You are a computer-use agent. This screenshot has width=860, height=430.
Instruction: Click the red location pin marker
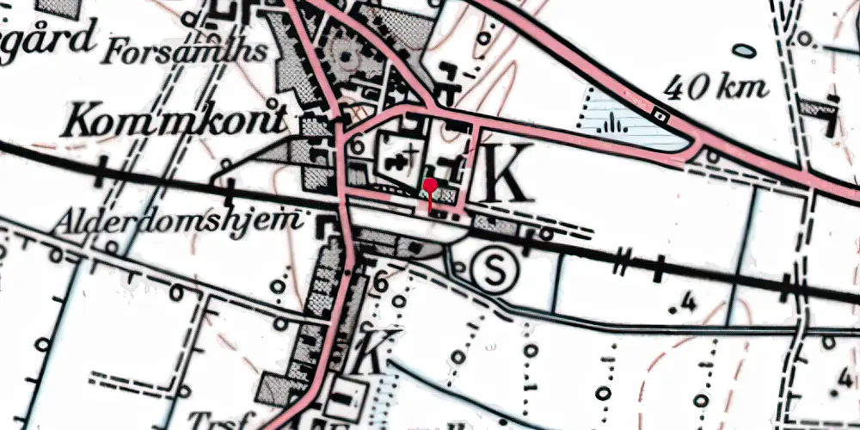[x=430, y=186]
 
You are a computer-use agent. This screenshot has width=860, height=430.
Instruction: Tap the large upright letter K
[x=508, y=172]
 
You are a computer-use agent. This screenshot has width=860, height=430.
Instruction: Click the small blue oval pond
[x=745, y=51]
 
